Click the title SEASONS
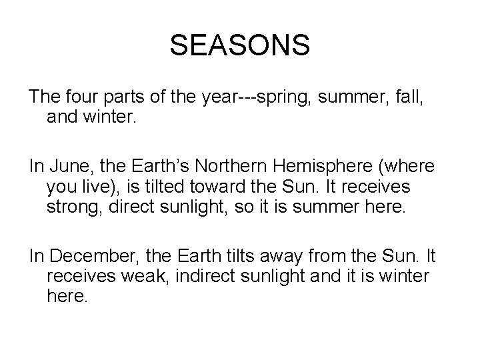coord(239,45)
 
